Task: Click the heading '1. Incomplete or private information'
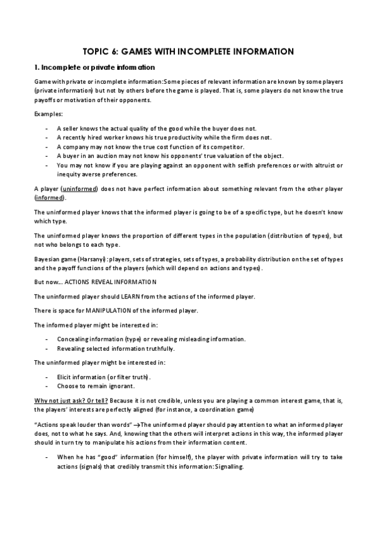[94, 67]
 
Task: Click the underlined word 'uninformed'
[81, 189]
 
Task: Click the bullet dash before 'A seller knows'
[48, 128]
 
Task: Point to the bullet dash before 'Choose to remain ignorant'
[48, 385]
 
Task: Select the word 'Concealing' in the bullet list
[74, 339]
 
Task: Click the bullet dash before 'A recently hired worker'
[48, 137]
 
